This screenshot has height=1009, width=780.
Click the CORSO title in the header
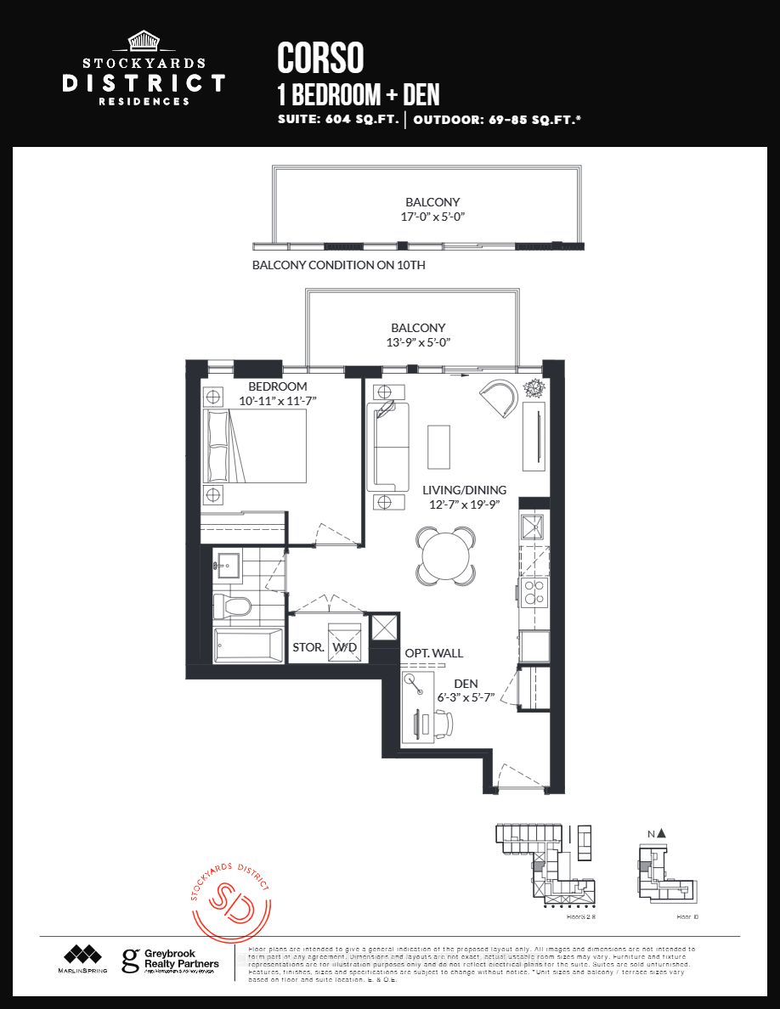click(320, 58)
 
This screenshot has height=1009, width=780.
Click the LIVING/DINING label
click(464, 490)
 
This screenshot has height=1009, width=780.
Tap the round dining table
click(446, 555)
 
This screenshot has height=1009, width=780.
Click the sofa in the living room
click(387, 447)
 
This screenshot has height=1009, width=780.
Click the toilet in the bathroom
click(232, 606)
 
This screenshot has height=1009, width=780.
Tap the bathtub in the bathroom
click(248, 646)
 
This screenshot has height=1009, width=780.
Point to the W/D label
click(345, 647)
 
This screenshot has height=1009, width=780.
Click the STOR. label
click(308, 647)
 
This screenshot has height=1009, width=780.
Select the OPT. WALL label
click(433, 653)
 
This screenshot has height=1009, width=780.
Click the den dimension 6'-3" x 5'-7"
click(466, 697)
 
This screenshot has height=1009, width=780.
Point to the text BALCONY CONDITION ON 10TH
click(338, 265)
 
